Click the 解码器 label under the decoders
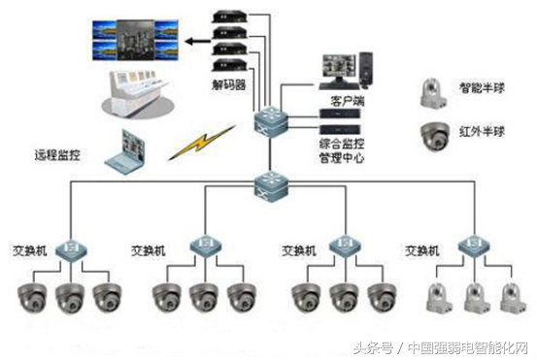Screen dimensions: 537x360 point(229,84)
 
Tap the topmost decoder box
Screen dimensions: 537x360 point(229,16)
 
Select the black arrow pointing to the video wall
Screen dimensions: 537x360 point(198,42)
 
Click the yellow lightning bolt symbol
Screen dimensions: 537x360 point(202,142)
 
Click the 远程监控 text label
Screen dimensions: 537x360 point(57,154)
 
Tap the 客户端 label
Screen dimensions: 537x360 point(347,101)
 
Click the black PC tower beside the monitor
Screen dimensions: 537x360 point(366,70)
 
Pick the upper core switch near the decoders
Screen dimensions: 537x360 point(271,121)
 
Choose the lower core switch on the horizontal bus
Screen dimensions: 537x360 point(272,187)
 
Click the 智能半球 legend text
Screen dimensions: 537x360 point(482,88)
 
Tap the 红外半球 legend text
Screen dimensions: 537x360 point(482,131)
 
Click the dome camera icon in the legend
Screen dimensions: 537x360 point(435,136)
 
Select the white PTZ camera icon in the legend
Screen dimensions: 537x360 point(433,93)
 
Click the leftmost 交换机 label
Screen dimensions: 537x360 point(30,251)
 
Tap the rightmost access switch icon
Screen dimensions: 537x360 point(474,245)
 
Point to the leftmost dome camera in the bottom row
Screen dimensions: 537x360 point(33,297)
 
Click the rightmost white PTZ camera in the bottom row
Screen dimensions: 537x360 point(513,297)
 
